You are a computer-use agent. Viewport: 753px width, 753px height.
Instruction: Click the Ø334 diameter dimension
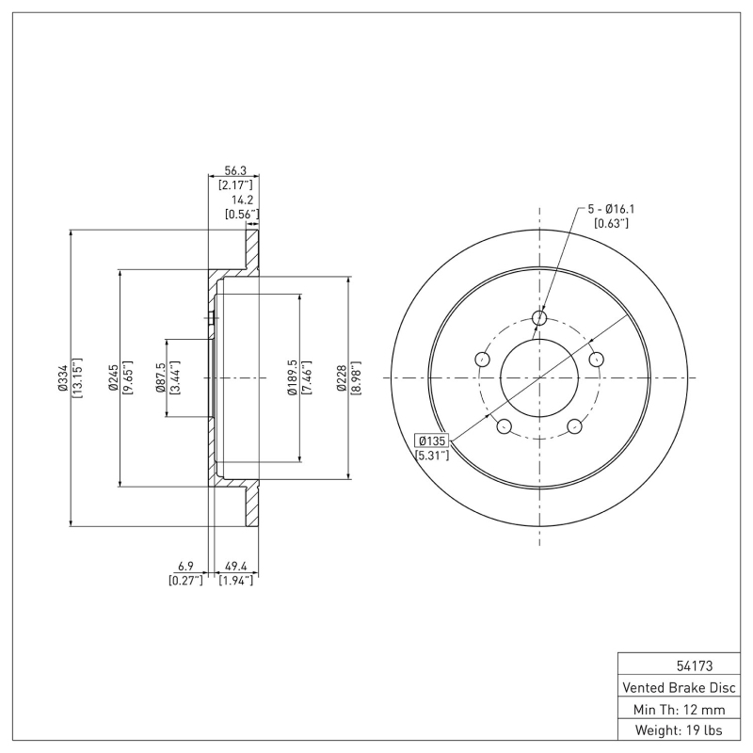point(62,376)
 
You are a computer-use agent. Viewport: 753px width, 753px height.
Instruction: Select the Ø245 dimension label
point(111,376)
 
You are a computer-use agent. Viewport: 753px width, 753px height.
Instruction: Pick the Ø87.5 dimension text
point(161,376)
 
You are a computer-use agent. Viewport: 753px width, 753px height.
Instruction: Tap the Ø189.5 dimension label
point(293,376)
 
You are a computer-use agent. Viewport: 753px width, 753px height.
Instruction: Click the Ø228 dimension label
point(342,376)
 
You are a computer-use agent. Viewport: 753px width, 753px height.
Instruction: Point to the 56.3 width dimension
point(234,170)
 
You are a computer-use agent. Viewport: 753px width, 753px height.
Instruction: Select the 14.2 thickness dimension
point(242,200)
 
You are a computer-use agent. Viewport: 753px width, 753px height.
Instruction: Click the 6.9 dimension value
point(185,566)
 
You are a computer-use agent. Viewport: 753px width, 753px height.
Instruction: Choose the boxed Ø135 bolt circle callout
point(433,441)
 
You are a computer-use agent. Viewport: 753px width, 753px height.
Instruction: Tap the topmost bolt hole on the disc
point(539,318)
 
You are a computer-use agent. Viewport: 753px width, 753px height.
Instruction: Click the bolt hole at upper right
point(596,359)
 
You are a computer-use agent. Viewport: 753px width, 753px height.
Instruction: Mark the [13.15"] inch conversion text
point(76,376)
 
